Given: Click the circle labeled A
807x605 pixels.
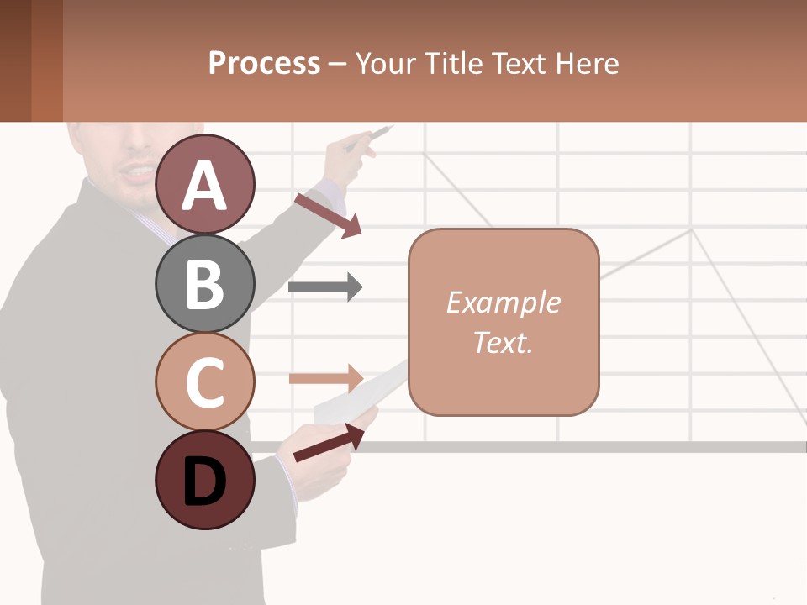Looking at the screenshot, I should [205, 185].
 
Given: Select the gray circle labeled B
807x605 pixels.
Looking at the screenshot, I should [205, 284].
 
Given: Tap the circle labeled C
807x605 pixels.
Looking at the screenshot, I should [205, 382].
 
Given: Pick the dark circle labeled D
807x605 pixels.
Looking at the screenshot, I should [205, 481].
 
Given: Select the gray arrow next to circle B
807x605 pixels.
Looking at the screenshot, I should [324, 287].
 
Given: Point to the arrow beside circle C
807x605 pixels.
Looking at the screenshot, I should [324, 377].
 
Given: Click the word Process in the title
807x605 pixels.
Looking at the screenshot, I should [264, 63].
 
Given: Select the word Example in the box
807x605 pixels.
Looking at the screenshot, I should [503, 302].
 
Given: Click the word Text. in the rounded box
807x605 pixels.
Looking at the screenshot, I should [503, 342].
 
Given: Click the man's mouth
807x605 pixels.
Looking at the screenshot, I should [134, 174].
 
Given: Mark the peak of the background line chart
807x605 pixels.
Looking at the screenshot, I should [691, 229].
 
